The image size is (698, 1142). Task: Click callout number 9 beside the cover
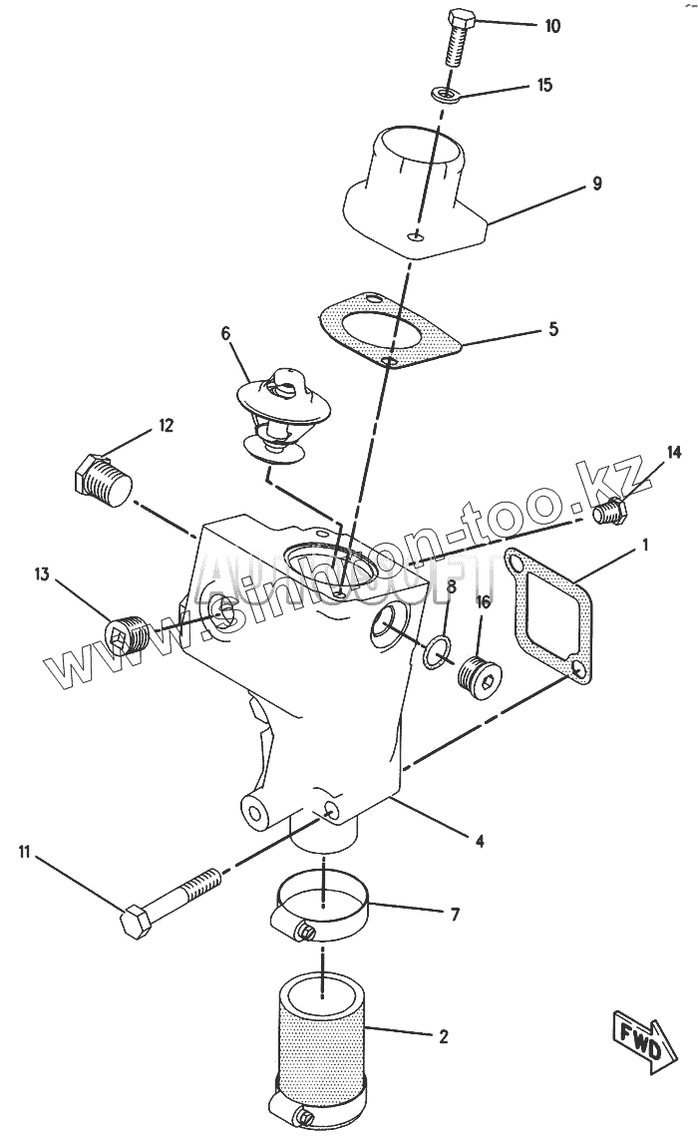596,184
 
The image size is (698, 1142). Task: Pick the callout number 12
165,426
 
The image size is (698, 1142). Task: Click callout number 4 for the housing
480,841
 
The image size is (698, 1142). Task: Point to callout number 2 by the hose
443,1036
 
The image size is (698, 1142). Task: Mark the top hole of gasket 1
517,566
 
